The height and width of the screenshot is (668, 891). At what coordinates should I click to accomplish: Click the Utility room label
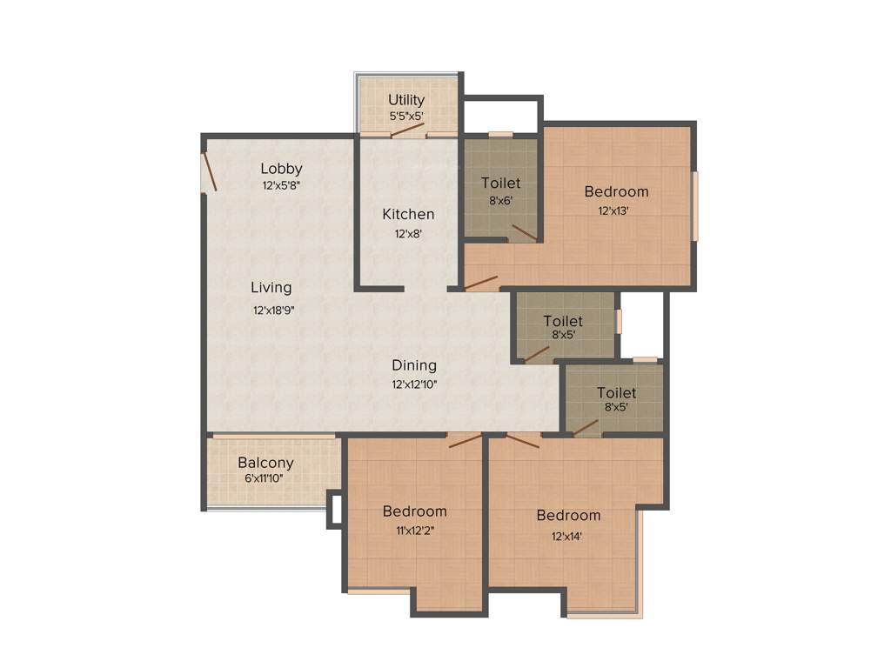[406, 100]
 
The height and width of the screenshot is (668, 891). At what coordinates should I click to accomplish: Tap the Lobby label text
[281, 169]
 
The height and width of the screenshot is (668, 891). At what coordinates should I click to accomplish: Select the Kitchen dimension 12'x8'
[408, 233]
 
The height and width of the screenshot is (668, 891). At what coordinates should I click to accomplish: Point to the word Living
[271, 287]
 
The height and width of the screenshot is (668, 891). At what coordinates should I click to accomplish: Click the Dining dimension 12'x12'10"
[413, 384]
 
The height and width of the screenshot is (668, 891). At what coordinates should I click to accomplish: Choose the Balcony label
[265, 463]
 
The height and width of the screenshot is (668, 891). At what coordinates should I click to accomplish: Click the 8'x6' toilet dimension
[500, 200]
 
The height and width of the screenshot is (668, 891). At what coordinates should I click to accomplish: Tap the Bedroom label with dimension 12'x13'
[616, 191]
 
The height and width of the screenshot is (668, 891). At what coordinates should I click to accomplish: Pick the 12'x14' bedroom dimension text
[567, 536]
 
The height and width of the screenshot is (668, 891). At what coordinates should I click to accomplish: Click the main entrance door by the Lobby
[209, 172]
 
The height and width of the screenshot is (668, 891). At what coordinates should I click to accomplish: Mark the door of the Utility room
[407, 130]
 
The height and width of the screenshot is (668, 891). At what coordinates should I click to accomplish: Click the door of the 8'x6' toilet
[525, 232]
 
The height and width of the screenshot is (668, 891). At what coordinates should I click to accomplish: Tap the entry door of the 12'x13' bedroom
[480, 283]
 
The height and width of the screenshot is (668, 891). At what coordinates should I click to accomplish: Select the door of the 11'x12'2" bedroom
[465, 440]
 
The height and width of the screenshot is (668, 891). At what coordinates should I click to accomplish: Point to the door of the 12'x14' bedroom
[523, 441]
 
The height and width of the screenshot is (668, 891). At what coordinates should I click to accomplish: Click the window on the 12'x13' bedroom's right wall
[694, 205]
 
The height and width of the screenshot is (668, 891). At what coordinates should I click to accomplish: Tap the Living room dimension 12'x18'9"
[274, 311]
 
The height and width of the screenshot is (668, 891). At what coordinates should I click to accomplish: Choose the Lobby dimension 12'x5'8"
[281, 185]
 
